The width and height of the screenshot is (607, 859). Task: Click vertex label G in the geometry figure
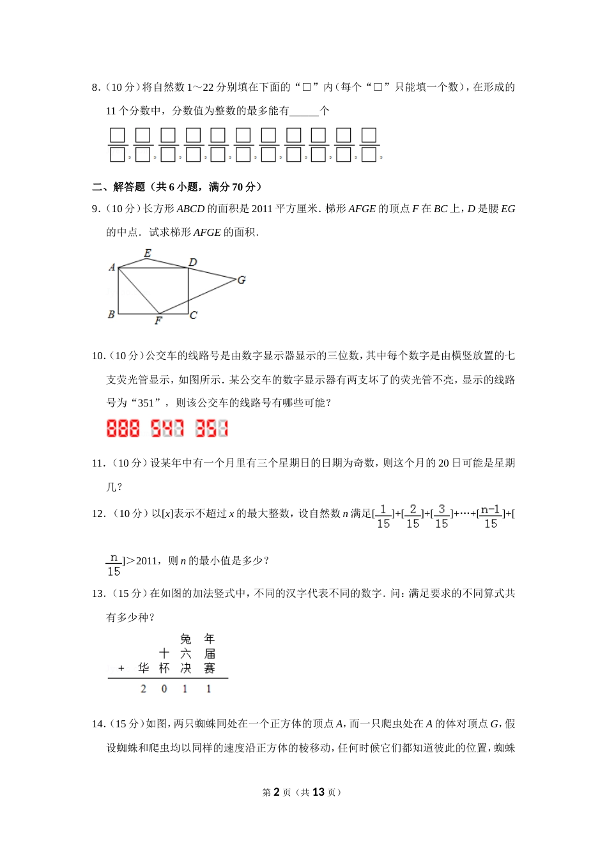tap(242, 280)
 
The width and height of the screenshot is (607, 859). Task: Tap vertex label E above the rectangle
tap(148, 253)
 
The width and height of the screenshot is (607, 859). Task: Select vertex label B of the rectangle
tap(111, 314)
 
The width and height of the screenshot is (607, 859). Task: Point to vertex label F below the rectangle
tap(158, 321)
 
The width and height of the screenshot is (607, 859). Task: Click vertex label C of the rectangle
tap(194, 315)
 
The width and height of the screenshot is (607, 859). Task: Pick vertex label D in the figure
tap(192, 262)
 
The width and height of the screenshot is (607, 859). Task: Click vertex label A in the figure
tap(112, 267)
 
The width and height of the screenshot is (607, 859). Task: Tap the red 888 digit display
tap(123, 428)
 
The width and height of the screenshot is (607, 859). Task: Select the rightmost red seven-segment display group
tap(211, 428)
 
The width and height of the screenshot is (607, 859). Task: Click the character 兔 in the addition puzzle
tap(185, 639)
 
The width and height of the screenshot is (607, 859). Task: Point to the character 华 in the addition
tap(143, 668)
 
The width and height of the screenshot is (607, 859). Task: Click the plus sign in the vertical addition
tap(121, 669)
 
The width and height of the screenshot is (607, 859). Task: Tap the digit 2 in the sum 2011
tap(143, 689)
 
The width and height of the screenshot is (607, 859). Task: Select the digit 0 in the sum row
tap(164, 689)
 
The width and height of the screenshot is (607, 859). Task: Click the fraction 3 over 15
tap(442, 516)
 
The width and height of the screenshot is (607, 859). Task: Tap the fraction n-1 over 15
tap(490, 516)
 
